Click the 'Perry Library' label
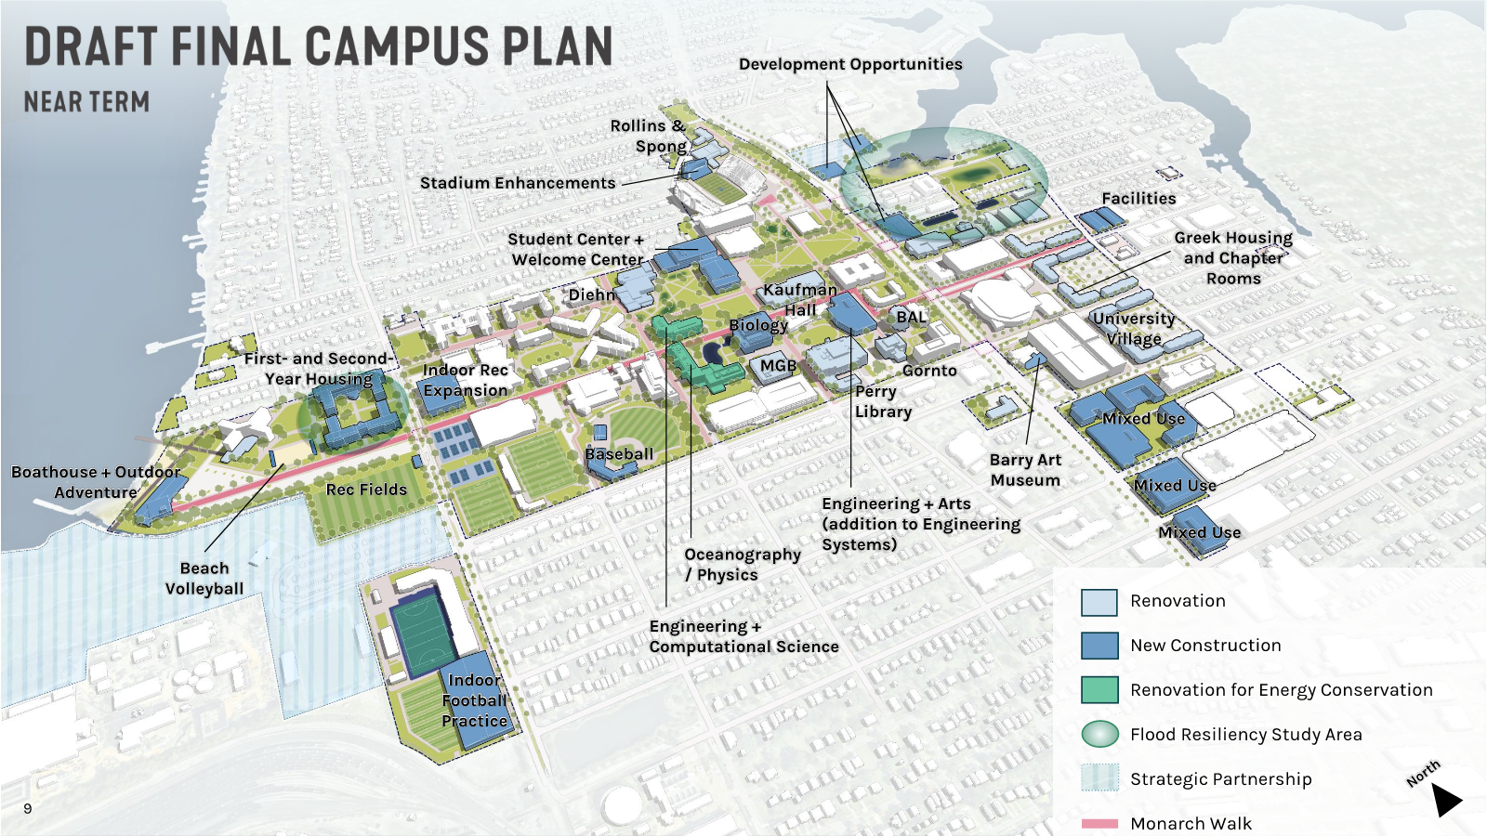[x=883, y=401]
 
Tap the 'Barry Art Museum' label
[x=1025, y=470]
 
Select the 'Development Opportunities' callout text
[x=850, y=64]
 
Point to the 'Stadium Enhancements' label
[x=518, y=183]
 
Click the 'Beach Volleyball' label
[x=204, y=578]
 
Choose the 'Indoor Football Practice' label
[x=474, y=700]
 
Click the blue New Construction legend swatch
[x=1099, y=646]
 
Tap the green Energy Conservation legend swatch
[x=1099, y=690]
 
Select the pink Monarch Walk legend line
[x=1099, y=824]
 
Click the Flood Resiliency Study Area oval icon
[x=1099, y=734]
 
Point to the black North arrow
[x=1445, y=799]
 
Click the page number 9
[x=28, y=808]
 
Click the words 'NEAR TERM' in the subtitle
[x=86, y=101]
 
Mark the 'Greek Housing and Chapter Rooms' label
[x=1233, y=258]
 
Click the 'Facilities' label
[x=1138, y=198]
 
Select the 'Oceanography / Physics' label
[x=742, y=564]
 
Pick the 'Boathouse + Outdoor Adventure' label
[x=96, y=482]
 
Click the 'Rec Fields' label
[x=366, y=490]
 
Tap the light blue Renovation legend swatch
[x=1099, y=602]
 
